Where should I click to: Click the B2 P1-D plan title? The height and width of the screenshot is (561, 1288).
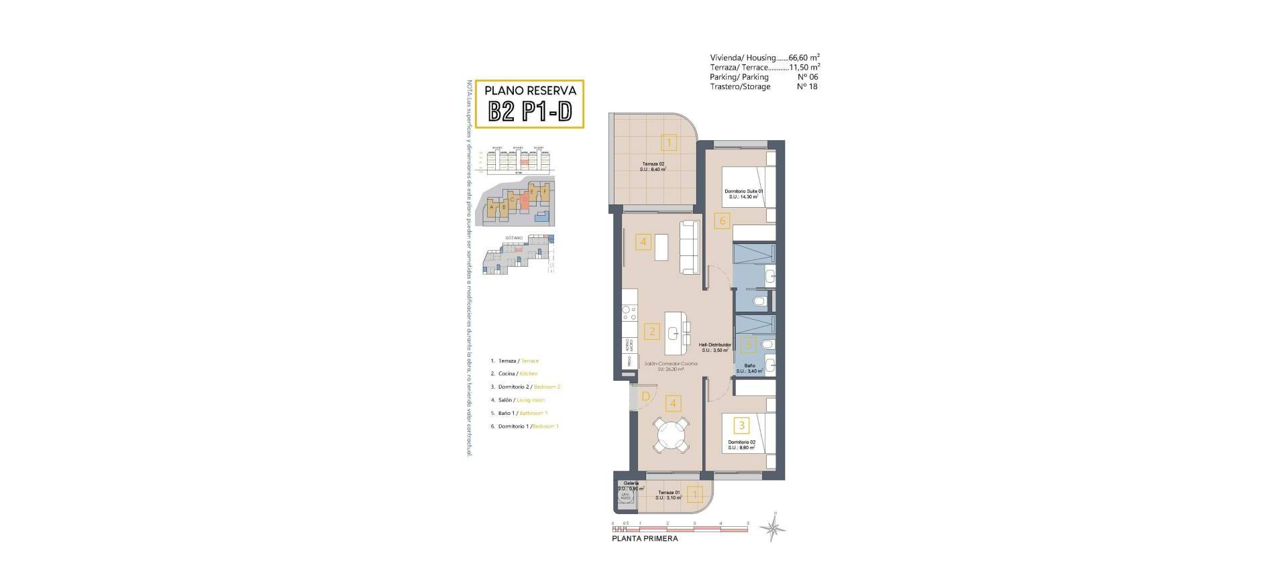click(530, 111)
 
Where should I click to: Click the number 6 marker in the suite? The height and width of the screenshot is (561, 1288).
click(722, 221)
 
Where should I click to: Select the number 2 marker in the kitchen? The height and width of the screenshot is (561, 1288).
click(651, 331)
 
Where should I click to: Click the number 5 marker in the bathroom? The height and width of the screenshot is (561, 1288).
click(747, 345)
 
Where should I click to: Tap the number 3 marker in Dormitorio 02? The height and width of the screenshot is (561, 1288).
click(741, 424)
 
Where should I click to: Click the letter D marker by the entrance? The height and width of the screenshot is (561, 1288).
click(645, 396)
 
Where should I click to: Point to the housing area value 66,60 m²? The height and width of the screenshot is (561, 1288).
click(804, 58)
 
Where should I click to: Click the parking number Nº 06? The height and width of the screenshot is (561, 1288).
click(807, 77)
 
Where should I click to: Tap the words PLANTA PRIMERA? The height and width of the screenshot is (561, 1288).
click(645, 539)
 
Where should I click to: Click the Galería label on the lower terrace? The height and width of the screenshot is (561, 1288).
click(631, 483)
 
